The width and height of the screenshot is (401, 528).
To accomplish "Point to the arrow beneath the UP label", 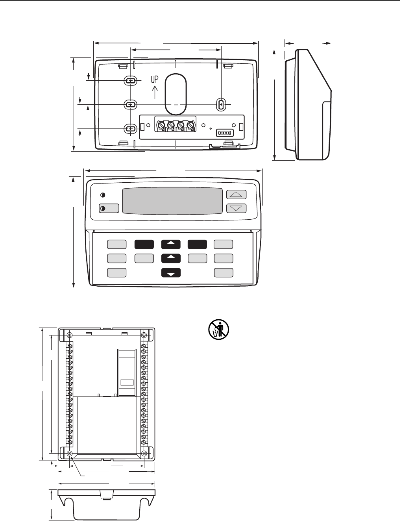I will tap(155, 92).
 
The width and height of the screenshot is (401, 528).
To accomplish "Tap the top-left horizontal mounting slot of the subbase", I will tap(131, 80).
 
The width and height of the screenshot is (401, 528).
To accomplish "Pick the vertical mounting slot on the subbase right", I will tap(221, 105).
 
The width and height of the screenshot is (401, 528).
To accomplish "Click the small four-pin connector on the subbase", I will tap(225, 133).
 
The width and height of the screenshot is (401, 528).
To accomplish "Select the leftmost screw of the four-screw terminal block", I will tap(161, 126).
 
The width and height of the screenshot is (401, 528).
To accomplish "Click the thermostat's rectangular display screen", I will tap(172, 201).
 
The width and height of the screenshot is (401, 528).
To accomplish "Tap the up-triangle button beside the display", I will tap(236, 195).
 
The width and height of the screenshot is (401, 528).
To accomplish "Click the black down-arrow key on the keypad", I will tap(171, 273).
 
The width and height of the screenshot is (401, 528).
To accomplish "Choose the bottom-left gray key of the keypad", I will tap(116, 272).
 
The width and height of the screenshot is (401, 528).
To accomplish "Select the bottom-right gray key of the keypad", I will tap(224, 272).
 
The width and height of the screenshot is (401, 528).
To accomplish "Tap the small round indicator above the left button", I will tap(102, 195).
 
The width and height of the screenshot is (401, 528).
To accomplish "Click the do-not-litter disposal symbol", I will tap(218, 330).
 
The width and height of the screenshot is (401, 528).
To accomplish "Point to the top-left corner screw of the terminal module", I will tap(70, 335).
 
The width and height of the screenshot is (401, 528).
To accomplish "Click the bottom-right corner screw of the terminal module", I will tap(144, 454).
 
